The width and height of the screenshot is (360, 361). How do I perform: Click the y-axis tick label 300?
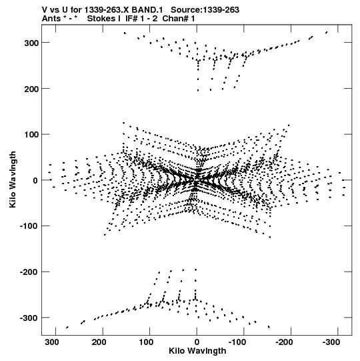coord(31,43)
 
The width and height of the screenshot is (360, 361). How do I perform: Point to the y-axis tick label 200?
coord(31,89)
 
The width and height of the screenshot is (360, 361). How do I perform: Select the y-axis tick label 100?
coord(31,135)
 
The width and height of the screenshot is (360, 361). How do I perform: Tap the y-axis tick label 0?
coord(35,180)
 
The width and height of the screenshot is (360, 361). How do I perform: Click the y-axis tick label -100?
coord(29,226)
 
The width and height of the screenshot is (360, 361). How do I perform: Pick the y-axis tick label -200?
coord(29,272)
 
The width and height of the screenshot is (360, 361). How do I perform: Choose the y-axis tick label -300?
coord(29,318)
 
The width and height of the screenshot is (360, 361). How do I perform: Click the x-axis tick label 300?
coord(52,342)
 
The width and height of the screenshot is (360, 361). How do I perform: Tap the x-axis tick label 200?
coord(99,342)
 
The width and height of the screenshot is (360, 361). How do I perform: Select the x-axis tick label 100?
coord(146,342)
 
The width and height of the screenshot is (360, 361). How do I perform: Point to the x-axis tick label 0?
coord(197,342)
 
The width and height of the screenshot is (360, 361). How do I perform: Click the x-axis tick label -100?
coord(238,342)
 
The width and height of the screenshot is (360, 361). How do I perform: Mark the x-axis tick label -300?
coord(332,342)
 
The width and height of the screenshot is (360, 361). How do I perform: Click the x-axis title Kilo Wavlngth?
coord(197,351)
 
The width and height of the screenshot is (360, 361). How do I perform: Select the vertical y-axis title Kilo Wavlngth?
coord(13,179)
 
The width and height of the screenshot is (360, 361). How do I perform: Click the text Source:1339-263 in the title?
coord(205,10)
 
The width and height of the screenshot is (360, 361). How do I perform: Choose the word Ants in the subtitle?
coord(51,19)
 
